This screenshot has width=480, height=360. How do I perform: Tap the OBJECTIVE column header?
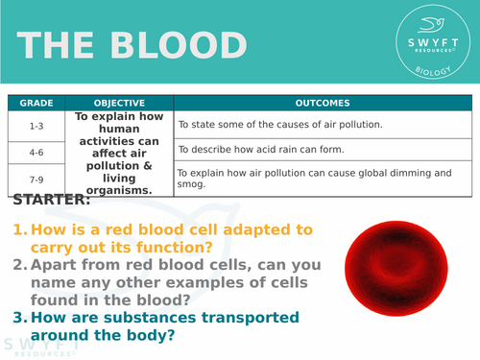119,103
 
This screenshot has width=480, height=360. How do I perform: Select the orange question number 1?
19,230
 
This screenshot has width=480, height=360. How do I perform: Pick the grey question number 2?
19,265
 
